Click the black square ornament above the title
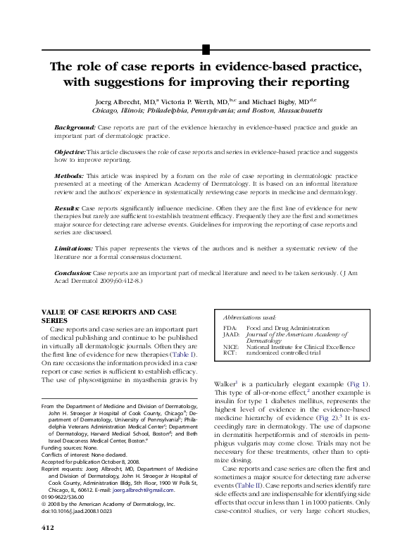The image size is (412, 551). (x=206, y=49)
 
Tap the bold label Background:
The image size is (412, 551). (x=75, y=127)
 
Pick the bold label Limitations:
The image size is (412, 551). (x=73, y=249)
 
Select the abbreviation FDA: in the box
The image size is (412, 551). (x=230, y=329)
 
